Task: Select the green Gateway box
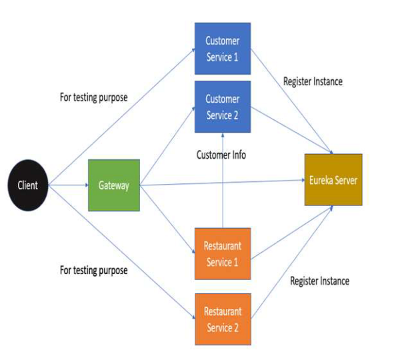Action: pyautogui.click(x=114, y=185)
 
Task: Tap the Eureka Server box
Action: pyautogui.click(x=333, y=179)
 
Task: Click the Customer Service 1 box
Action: pyautogui.click(x=222, y=49)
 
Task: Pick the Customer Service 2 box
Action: pyautogui.click(x=222, y=107)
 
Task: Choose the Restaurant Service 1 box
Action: pyautogui.click(x=222, y=253)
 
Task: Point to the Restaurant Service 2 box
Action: pyautogui.click(x=222, y=319)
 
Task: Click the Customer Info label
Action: pyautogui.click(x=221, y=155)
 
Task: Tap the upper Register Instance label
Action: pyautogui.click(x=313, y=81)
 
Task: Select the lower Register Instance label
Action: pyautogui.click(x=319, y=281)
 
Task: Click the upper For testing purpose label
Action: pyautogui.click(x=93, y=97)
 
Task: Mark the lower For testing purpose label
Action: pyautogui.click(x=93, y=270)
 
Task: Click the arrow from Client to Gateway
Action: pyautogui.click(x=69, y=185)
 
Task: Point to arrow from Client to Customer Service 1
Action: pyautogui.click(x=120, y=120)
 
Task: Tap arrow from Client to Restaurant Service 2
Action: pyautogui.click(x=120, y=247)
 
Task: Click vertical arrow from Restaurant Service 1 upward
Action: pyautogui.click(x=222, y=193)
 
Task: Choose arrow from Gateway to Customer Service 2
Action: pyautogui.click(x=167, y=147)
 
